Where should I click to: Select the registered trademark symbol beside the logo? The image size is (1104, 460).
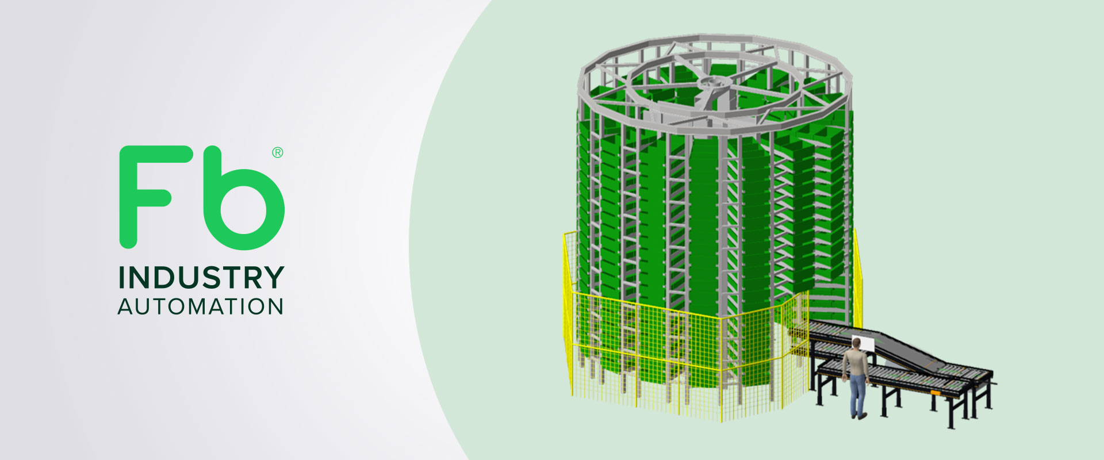(x=277, y=152)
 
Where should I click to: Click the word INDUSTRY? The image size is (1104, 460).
(x=201, y=278)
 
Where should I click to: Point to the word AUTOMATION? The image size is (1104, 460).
(x=201, y=306)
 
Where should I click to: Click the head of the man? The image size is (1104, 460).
(x=857, y=344)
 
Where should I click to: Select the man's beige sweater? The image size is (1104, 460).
(x=856, y=362)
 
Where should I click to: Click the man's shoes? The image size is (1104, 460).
(x=859, y=416)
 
